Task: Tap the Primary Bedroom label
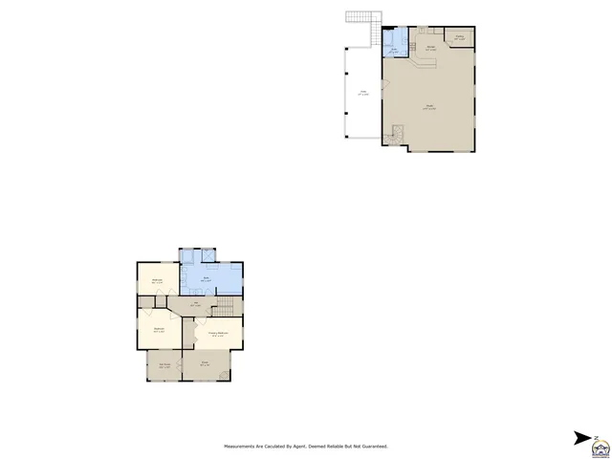[x=219, y=333]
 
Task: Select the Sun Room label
[x=164, y=364]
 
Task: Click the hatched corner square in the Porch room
[x=225, y=375]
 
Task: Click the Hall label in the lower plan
[x=196, y=305]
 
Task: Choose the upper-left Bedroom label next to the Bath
[x=157, y=280]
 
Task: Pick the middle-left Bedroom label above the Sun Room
[x=160, y=328]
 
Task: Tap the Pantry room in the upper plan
[x=460, y=38]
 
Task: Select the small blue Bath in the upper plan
[x=395, y=49]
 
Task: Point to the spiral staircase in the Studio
[x=392, y=139]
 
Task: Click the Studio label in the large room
[x=431, y=107]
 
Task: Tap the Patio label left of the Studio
[x=362, y=93]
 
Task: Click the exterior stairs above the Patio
[x=361, y=18]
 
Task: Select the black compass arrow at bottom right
[x=581, y=438]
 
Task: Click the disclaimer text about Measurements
[x=306, y=446]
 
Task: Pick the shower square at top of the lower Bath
[x=188, y=254]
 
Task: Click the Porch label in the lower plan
[x=205, y=364]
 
